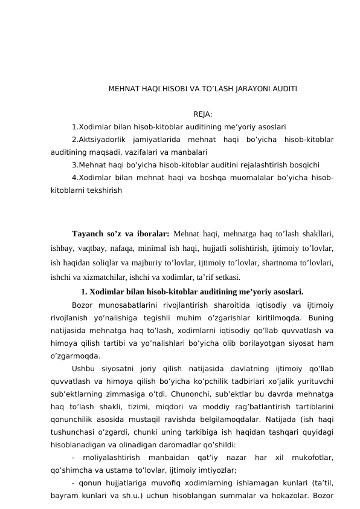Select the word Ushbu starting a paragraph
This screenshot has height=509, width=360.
83,369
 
